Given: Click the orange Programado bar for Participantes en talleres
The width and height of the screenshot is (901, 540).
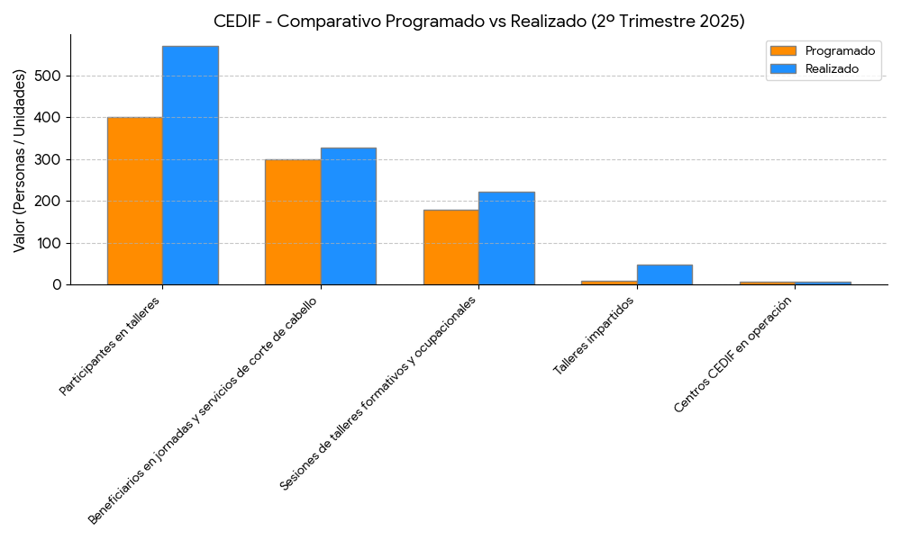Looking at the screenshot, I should click(x=134, y=201).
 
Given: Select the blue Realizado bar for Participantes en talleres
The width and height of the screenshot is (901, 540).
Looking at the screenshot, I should click(x=190, y=166).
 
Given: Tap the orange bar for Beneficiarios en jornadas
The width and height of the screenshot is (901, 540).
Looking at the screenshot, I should click(x=292, y=222).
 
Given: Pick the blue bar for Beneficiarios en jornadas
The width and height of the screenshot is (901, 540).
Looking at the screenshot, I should click(x=348, y=216).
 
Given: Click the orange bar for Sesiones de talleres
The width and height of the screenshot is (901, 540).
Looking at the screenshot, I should click(x=450, y=247).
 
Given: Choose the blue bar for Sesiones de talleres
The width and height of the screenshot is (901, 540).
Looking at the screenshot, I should click(x=506, y=238).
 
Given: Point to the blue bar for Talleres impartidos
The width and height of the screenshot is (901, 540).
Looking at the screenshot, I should click(x=664, y=274).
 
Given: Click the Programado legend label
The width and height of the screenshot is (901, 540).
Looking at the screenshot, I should click(x=840, y=51).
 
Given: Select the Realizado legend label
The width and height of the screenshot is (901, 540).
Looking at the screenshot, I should click(x=832, y=68).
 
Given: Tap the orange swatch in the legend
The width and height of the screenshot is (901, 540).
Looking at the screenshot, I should click(x=783, y=51).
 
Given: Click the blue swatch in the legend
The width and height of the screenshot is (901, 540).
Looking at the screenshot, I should click(x=783, y=68).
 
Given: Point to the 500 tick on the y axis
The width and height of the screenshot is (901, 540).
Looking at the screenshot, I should click(x=49, y=76).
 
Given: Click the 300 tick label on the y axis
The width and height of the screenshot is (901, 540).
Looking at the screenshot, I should click(x=49, y=159).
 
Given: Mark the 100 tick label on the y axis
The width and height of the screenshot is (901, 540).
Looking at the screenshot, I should click(x=49, y=243).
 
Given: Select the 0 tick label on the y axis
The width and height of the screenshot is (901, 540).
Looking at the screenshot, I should click(x=57, y=284).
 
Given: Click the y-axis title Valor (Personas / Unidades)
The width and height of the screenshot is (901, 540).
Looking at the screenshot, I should click(x=20, y=159).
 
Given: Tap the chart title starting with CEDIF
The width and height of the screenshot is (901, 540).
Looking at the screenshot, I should click(x=478, y=21).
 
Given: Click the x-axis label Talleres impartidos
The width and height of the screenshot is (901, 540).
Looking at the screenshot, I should click(x=594, y=336).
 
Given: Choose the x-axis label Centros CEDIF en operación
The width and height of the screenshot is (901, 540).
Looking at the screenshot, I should click(x=738, y=354).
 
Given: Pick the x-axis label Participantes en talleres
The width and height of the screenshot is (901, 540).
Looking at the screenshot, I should click(x=109, y=346).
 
